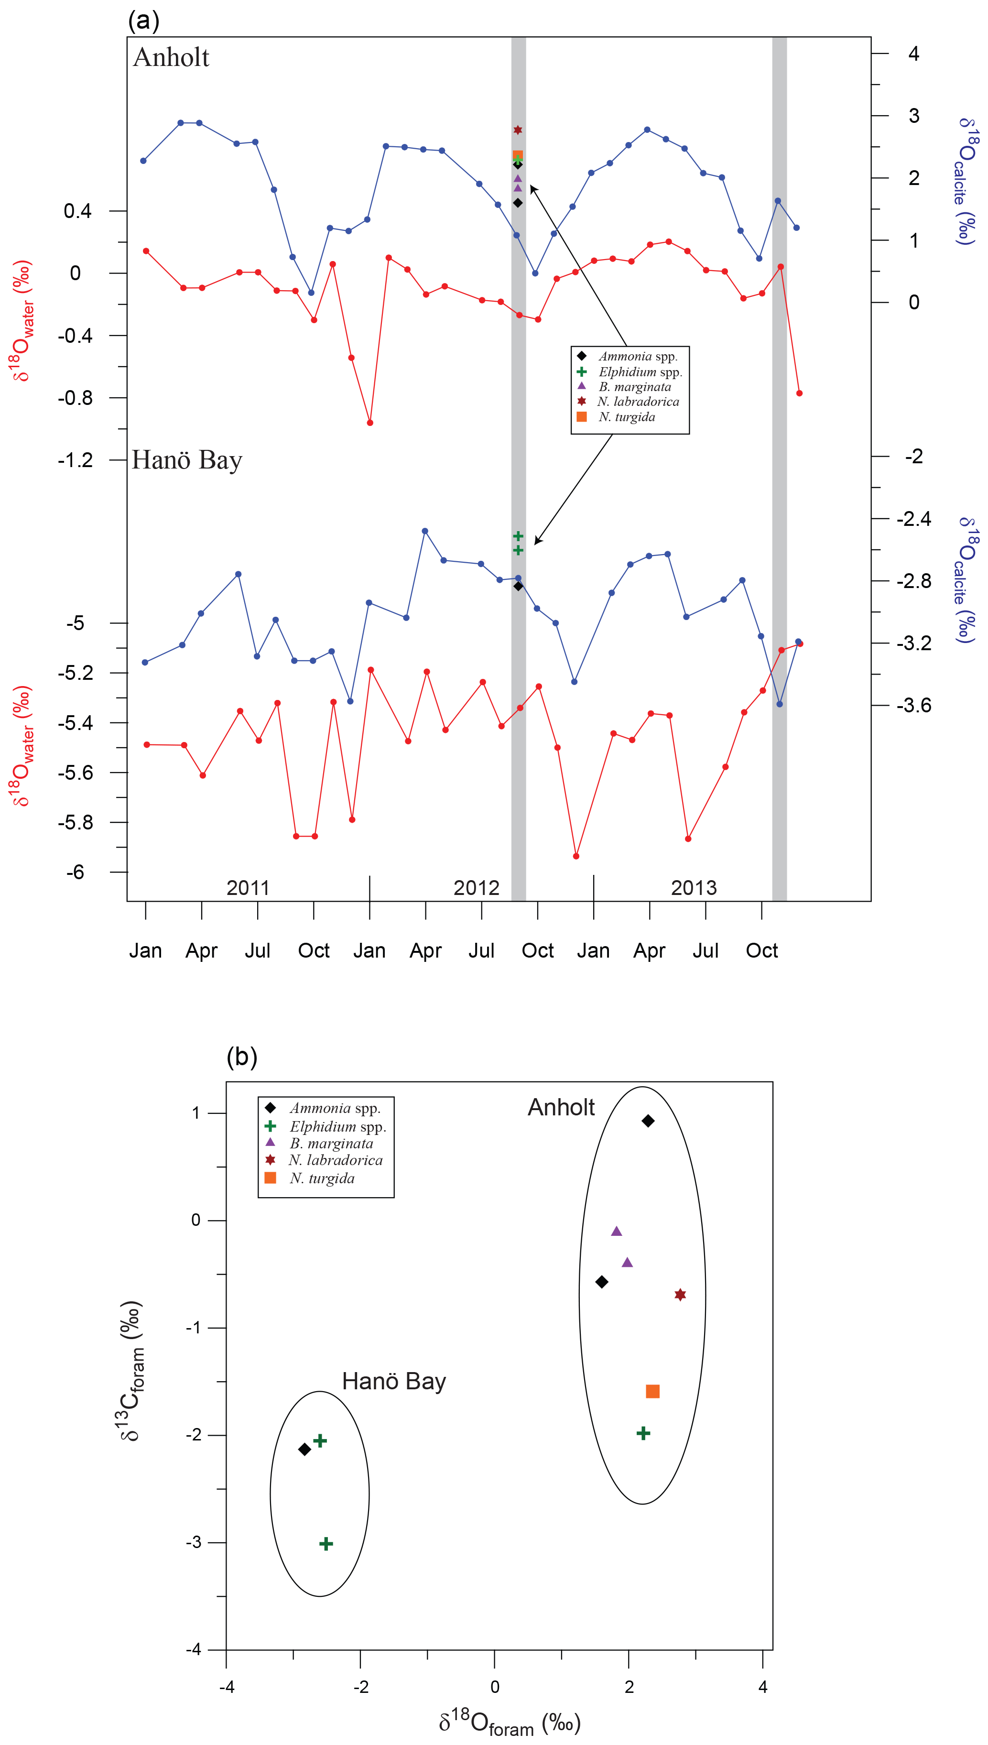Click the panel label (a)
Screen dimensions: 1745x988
click(x=143, y=21)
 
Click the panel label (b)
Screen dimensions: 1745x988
click(x=241, y=1056)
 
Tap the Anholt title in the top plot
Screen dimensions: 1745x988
click(x=171, y=58)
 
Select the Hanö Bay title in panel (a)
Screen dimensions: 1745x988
click(x=186, y=460)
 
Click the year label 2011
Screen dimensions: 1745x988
click(x=248, y=888)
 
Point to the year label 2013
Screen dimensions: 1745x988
click(x=694, y=888)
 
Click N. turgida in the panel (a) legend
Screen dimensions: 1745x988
click(x=626, y=417)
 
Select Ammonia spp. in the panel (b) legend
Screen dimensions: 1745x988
click(x=335, y=1108)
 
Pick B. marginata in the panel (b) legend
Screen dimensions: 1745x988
click(x=331, y=1143)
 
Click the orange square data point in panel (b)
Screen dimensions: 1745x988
click(x=652, y=1391)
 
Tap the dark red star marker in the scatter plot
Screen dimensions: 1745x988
click(x=680, y=1294)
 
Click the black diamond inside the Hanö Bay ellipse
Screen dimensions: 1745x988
click(x=304, y=1449)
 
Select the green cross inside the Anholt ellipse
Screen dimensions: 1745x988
click(x=643, y=1433)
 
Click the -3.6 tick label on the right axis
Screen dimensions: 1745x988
click(x=913, y=705)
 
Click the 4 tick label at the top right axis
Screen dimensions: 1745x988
click(x=914, y=54)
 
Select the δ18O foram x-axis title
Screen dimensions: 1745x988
click(x=509, y=1721)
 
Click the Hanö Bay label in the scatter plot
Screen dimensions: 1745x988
click(x=393, y=1381)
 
